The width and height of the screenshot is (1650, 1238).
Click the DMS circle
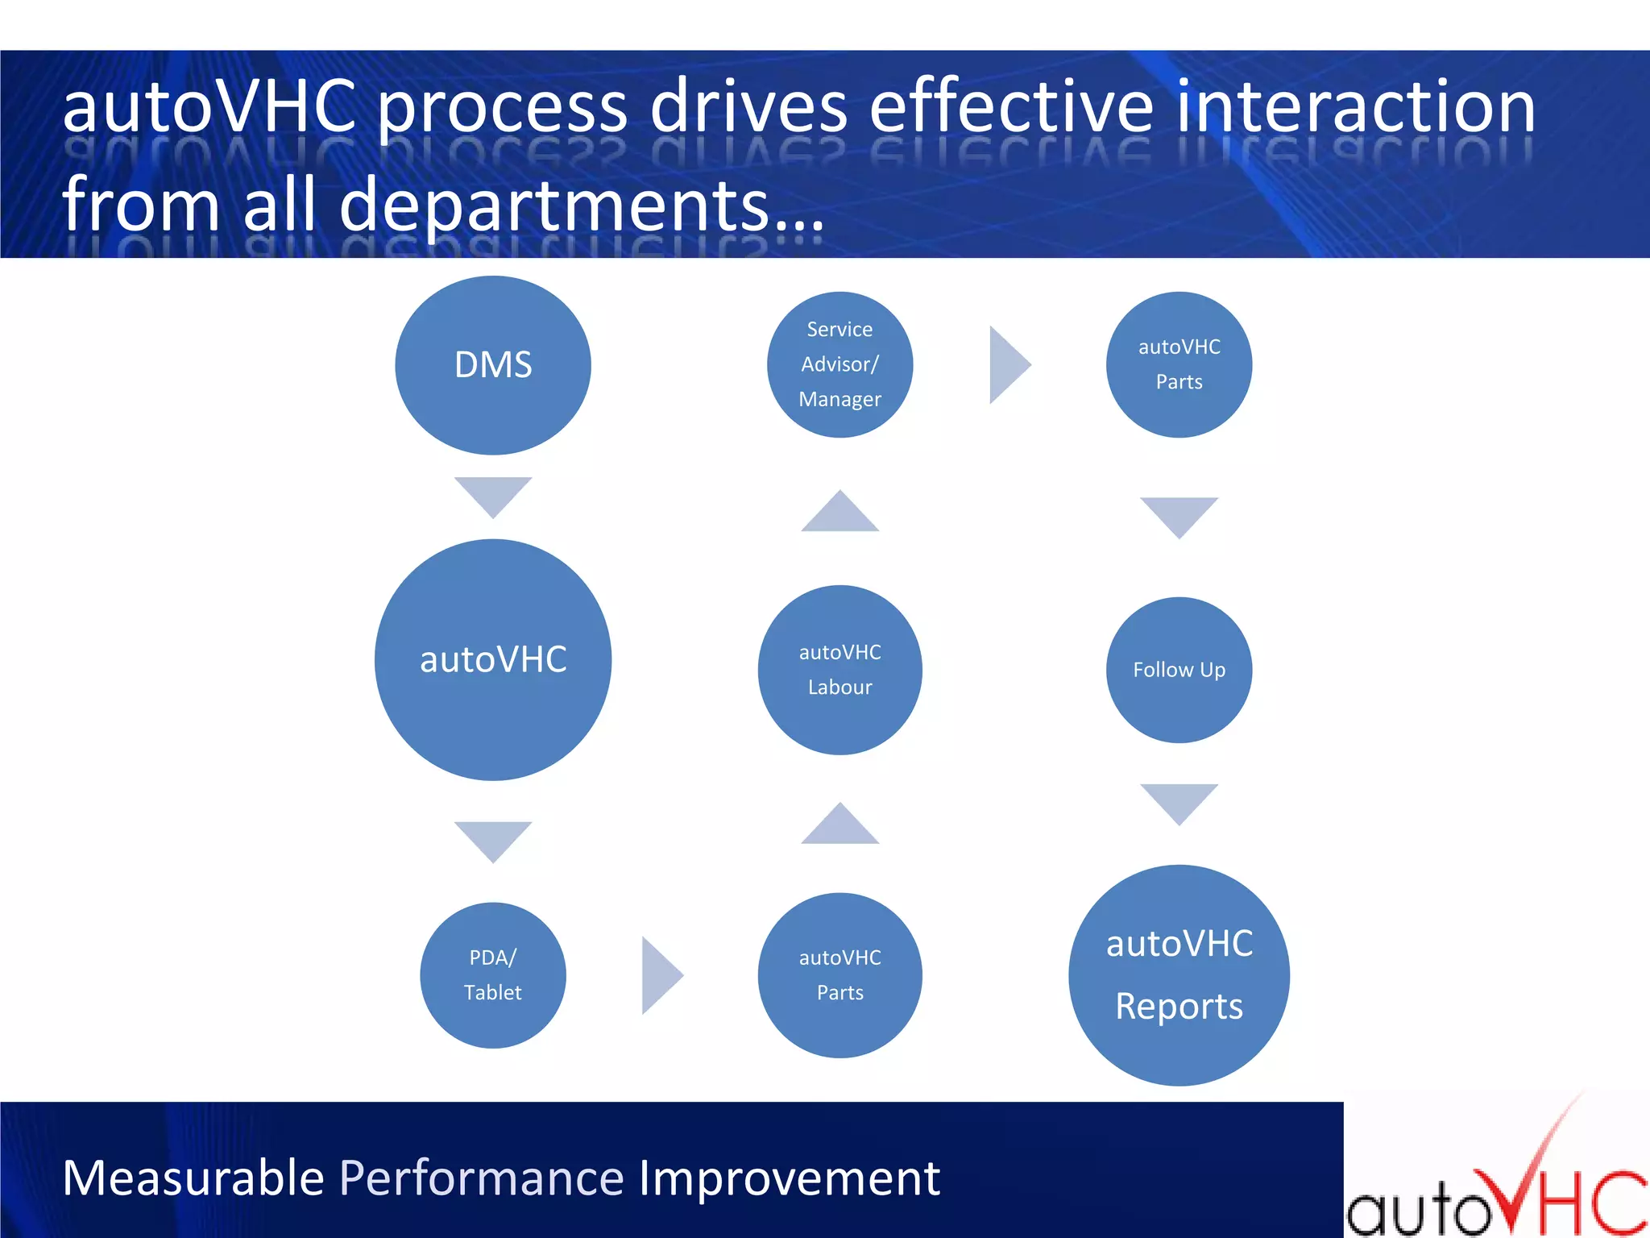492,365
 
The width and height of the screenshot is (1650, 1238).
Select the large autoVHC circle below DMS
492,659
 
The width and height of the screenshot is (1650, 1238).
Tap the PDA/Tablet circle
492,974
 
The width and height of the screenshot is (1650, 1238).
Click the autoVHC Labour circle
840,670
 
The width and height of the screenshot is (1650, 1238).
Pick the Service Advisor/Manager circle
840,364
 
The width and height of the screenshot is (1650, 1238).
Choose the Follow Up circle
1179,670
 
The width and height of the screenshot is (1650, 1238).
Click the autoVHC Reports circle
1179,974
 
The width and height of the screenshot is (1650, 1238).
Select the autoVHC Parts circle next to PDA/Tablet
840,974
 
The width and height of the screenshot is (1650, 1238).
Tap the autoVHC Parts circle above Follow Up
1179,364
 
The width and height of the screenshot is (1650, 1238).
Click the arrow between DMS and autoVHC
492,494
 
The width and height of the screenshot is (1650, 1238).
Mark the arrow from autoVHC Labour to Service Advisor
840,514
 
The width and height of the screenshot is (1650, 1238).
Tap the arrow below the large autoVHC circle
492,839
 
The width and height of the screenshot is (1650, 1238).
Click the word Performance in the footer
481,1178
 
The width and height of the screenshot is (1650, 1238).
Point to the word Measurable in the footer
193,1178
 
